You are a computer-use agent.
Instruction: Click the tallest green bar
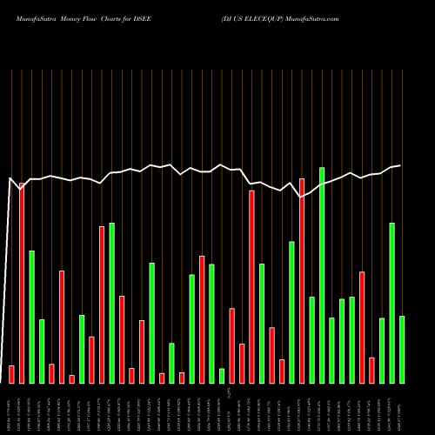pos(322,275)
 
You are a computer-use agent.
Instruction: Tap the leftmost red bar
pos(11,374)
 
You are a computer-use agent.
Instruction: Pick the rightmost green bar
pos(402,349)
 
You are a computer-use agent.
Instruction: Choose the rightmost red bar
pos(371,370)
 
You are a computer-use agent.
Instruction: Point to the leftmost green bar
pos(31,317)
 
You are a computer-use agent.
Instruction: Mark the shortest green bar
pos(222,375)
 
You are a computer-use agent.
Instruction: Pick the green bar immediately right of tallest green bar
pos(331,350)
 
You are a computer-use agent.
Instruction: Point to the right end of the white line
pos(400,165)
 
